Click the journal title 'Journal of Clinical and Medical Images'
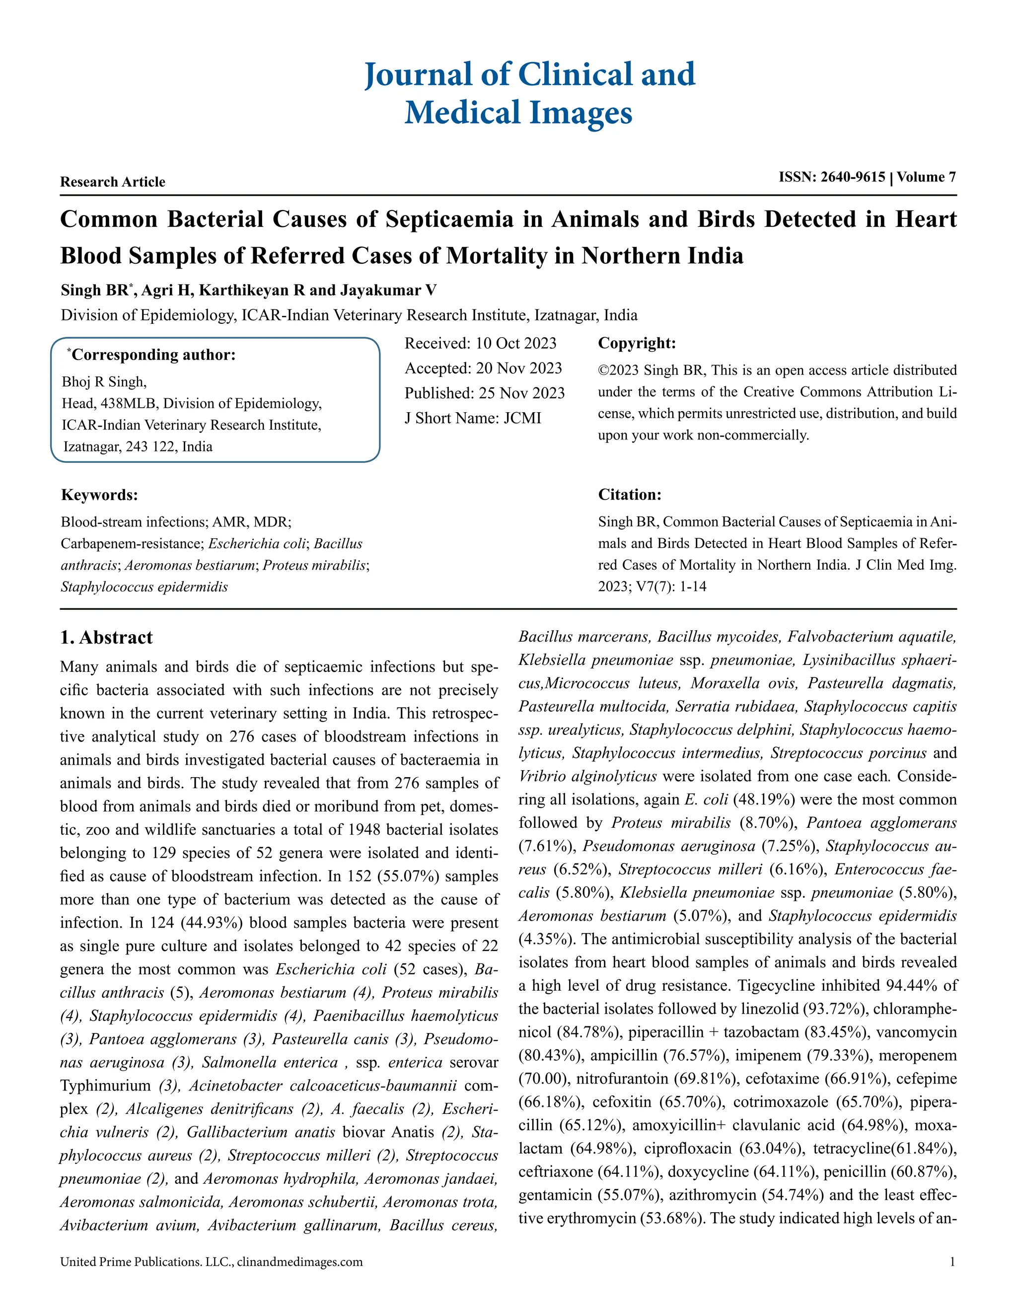point(529,93)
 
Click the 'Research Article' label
point(113,182)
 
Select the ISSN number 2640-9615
point(853,177)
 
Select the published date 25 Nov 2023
point(521,393)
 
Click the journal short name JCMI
point(522,418)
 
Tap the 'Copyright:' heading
point(636,344)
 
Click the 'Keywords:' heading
point(99,495)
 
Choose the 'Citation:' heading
point(629,495)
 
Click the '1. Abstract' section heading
point(107,638)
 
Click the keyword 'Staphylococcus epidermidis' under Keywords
point(144,587)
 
